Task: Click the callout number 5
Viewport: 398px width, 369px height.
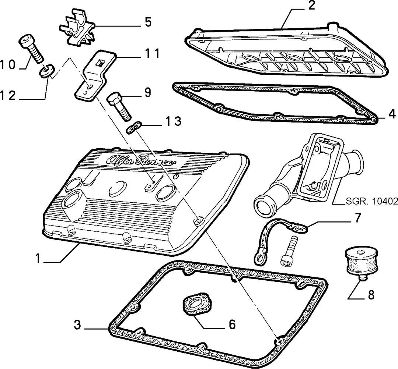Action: pyautogui.click(x=148, y=22)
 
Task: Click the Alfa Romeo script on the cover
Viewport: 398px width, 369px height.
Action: pyautogui.click(x=141, y=161)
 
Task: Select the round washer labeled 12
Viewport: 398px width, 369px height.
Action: pyautogui.click(x=47, y=70)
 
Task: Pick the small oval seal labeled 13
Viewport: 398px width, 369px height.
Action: pyautogui.click(x=133, y=127)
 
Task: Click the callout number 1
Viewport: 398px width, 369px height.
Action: pyautogui.click(x=38, y=259)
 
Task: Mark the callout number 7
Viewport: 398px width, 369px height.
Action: pyautogui.click(x=357, y=217)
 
